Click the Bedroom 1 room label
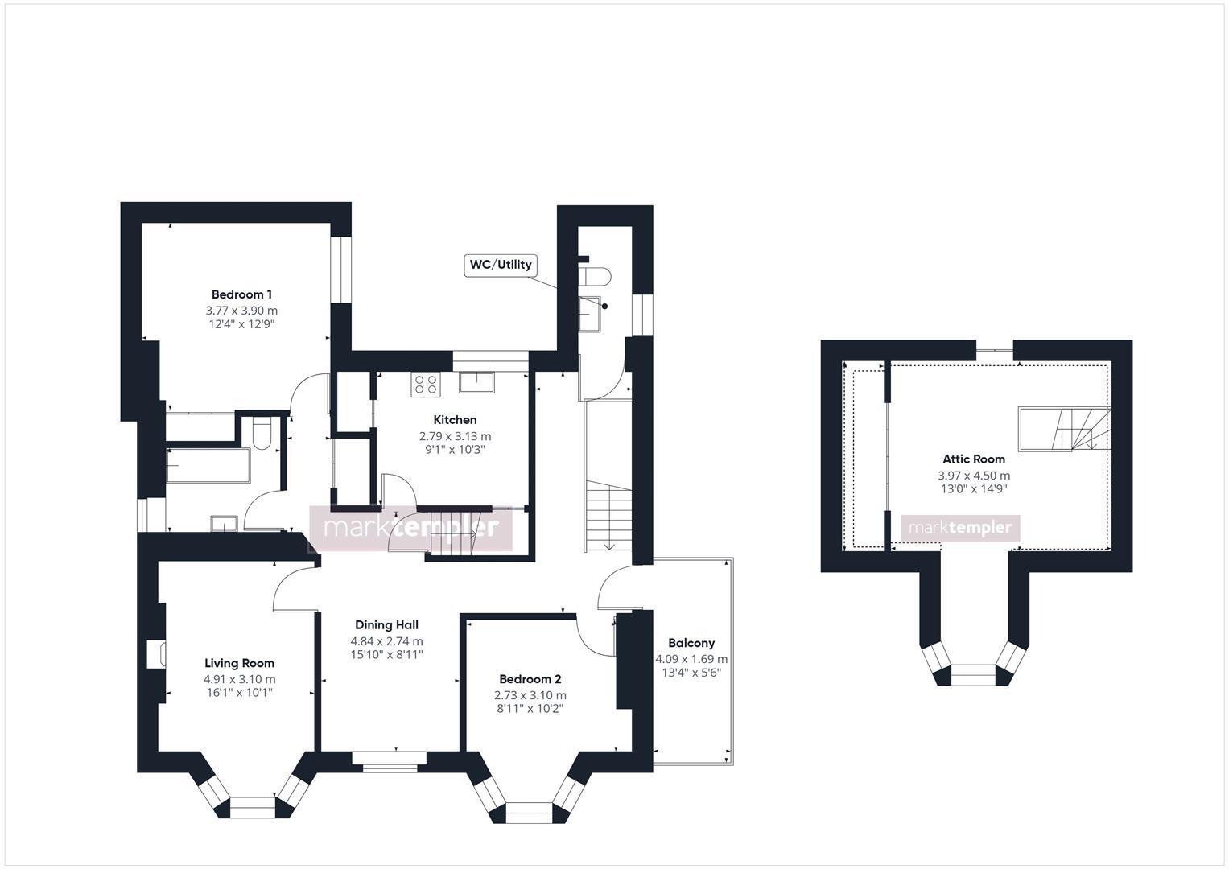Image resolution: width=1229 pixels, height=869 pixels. (x=241, y=294)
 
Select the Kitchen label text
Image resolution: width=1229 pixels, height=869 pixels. (x=455, y=420)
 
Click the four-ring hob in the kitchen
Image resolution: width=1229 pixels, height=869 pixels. (x=425, y=385)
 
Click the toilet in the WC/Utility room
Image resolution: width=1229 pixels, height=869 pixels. (x=595, y=276)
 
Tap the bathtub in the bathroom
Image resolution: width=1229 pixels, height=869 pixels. (x=208, y=466)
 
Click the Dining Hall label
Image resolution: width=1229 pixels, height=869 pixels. (x=386, y=625)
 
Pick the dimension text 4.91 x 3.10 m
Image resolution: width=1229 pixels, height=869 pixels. (x=239, y=679)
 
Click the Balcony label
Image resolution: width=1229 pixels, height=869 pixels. (x=691, y=643)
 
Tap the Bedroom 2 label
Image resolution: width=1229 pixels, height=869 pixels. (x=530, y=679)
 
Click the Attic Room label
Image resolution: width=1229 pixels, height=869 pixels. (x=974, y=459)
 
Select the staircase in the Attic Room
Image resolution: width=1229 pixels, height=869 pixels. (x=1064, y=429)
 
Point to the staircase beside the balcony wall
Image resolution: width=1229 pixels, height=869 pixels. (x=609, y=515)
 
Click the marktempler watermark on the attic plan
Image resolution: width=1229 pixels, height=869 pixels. (x=960, y=528)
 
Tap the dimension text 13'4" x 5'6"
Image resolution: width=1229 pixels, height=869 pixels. (x=691, y=673)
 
